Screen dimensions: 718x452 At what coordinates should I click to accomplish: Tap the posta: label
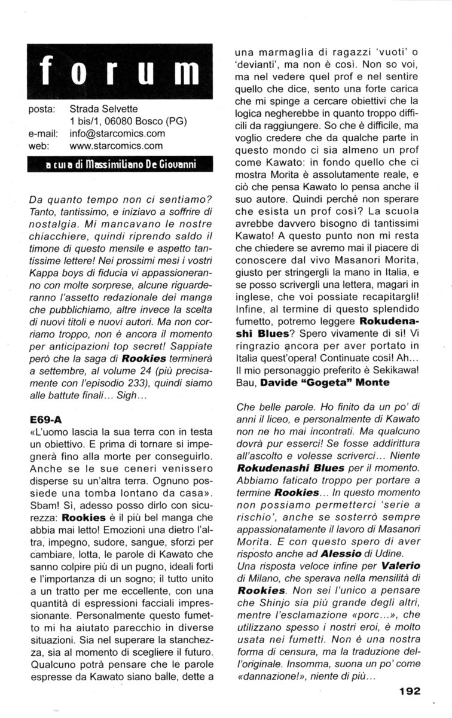[42, 109]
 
